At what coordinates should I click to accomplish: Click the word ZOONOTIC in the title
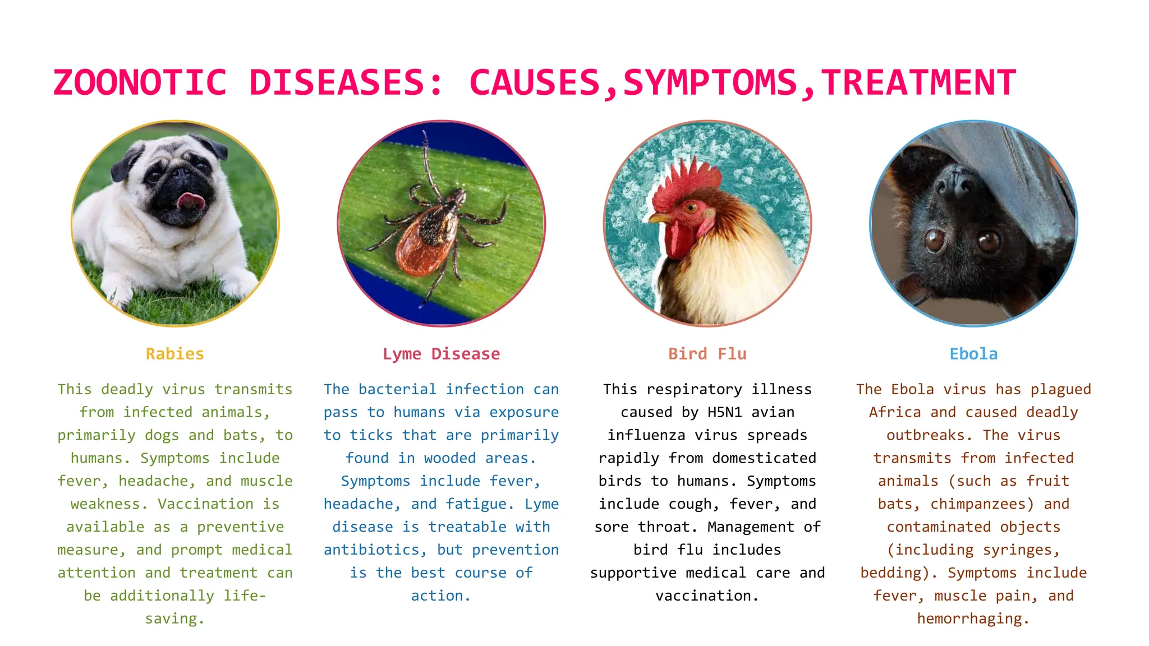click(x=140, y=83)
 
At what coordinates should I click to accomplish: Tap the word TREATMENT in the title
click(x=918, y=83)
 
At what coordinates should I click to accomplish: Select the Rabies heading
click(x=175, y=354)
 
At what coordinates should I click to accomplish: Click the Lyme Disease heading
click(x=441, y=354)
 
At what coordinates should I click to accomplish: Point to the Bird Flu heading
click(x=707, y=354)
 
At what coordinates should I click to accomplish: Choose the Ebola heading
click(x=973, y=354)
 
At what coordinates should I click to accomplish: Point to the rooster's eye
click(x=691, y=208)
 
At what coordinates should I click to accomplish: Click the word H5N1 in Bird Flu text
click(x=724, y=412)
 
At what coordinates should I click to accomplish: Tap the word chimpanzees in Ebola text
click(x=981, y=504)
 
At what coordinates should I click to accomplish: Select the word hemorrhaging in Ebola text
click(x=973, y=619)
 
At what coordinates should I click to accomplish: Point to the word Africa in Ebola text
click(x=895, y=412)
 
